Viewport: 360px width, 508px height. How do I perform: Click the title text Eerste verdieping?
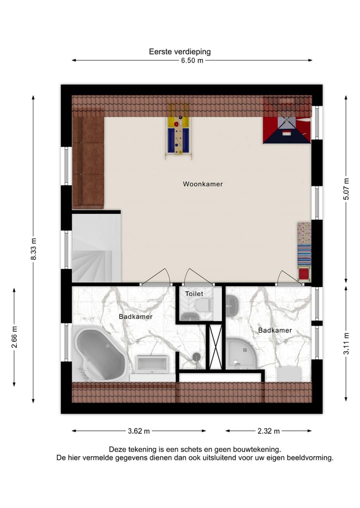click(179, 51)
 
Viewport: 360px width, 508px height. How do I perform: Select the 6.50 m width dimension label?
click(192, 60)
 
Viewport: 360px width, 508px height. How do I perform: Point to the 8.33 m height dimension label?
click(33, 248)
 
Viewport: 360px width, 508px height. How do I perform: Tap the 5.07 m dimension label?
click(346, 189)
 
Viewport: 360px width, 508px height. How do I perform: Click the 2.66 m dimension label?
click(14, 337)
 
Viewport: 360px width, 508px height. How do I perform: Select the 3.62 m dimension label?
click(138, 431)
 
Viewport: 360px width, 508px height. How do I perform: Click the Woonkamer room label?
click(202, 184)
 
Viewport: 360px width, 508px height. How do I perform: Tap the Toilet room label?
click(194, 294)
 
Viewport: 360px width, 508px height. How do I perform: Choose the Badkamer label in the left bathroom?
click(135, 317)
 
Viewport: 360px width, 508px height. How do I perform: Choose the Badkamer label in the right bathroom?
click(274, 331)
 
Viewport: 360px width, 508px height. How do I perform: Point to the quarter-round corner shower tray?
click(242, 354)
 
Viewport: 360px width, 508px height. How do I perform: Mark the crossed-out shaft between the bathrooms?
click(215, 347)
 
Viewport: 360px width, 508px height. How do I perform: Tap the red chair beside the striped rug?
click(303, 274)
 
